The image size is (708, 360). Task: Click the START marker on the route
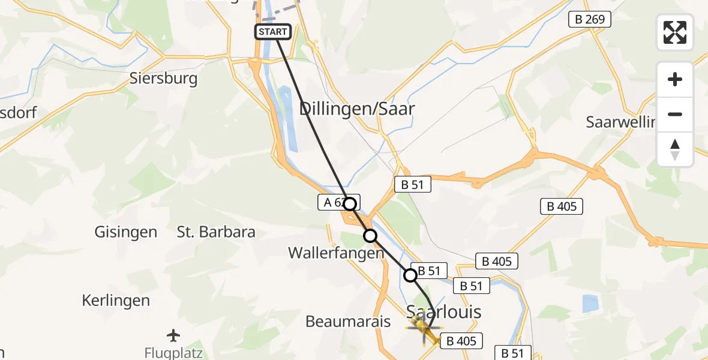coord(274,32)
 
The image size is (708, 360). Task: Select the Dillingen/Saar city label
coord(357,109)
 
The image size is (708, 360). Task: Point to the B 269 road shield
coord(590,20)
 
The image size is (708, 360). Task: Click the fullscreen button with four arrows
coord(675,32)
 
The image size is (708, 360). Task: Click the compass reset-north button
coord(675,149)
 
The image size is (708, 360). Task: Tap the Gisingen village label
coord(126,232)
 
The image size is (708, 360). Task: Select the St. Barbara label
coord(216,232)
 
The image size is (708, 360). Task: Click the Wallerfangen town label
coord(335,253)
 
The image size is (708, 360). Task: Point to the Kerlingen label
coord(116,300)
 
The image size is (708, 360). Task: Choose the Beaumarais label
coord(348,321)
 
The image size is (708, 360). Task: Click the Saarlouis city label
coord(444,311)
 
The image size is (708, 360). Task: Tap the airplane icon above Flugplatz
coord(174,335)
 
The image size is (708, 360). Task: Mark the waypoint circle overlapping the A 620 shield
coord(349,203)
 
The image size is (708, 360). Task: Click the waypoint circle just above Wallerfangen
coord(370,236)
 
